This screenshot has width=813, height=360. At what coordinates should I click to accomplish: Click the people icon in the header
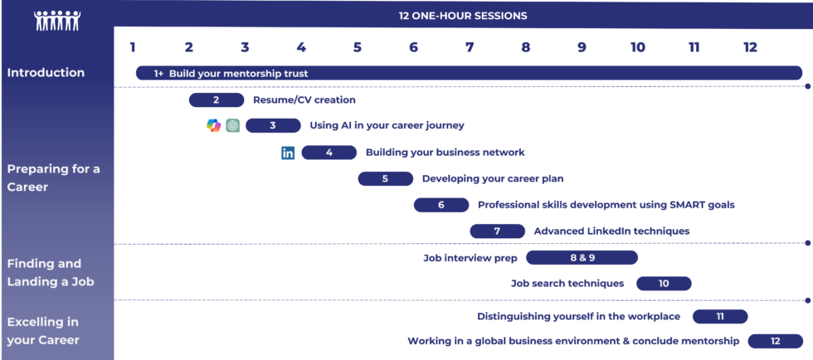57,20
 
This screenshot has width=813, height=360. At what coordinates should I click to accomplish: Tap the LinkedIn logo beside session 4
288,153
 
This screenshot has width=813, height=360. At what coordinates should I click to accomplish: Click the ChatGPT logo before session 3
233,125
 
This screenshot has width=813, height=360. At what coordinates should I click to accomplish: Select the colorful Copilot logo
214,125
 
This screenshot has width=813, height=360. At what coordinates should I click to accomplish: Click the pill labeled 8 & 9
582,257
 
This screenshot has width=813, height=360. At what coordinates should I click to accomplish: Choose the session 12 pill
775,341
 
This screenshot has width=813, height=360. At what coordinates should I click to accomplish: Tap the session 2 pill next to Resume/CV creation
217,100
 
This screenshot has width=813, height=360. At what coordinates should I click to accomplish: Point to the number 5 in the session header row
358,47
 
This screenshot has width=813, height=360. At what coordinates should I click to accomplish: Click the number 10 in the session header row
638,47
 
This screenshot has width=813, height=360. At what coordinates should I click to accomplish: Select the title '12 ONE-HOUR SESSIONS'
463,16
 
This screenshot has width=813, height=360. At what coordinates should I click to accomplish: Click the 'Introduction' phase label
46,73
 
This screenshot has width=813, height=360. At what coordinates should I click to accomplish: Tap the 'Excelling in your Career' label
43,331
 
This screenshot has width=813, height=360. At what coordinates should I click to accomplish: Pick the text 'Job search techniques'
567,283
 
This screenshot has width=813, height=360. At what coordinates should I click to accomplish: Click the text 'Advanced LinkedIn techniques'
612,231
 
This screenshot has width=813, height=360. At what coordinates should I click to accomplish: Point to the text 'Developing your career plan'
493,178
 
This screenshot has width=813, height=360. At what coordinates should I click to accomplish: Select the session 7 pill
497,231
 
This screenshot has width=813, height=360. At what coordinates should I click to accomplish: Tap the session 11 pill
720,316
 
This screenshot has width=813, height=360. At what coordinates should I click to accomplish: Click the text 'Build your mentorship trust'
239,74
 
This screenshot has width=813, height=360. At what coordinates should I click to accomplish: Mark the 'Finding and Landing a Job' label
44,273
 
